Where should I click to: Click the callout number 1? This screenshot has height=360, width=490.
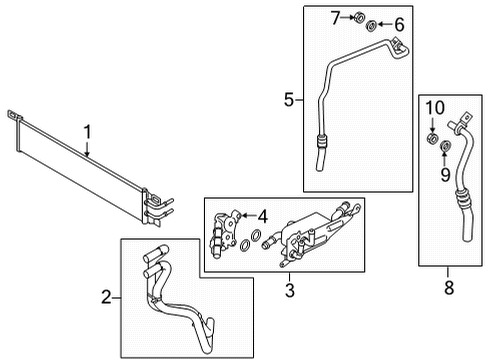(87, 130)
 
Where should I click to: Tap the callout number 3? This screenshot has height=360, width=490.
(289, 292)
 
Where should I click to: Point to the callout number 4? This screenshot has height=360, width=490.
(262, 215)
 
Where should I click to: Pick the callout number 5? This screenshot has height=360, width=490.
(289, 100)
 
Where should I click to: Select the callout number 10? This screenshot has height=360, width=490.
(434, 106)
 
